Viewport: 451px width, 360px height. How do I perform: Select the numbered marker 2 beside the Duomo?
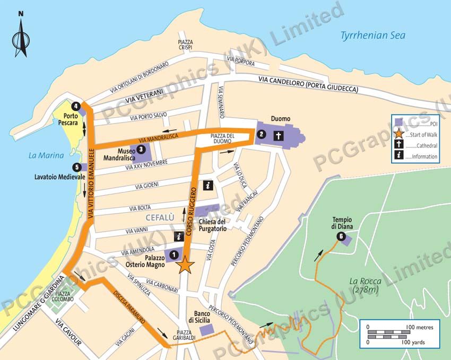(261, 135)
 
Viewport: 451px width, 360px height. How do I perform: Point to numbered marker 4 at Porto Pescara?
(76, 106)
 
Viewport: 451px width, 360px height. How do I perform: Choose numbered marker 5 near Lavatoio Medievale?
(77, 167)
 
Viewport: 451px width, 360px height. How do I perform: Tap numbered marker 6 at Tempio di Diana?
(340, 236)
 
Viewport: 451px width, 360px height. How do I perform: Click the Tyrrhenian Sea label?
(372, 36)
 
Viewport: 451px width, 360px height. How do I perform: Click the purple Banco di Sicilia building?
(207, 329)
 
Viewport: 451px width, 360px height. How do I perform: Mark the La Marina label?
(46, 155)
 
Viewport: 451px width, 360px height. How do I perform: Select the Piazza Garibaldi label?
(186, 336)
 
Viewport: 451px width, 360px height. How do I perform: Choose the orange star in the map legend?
(398, 134)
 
